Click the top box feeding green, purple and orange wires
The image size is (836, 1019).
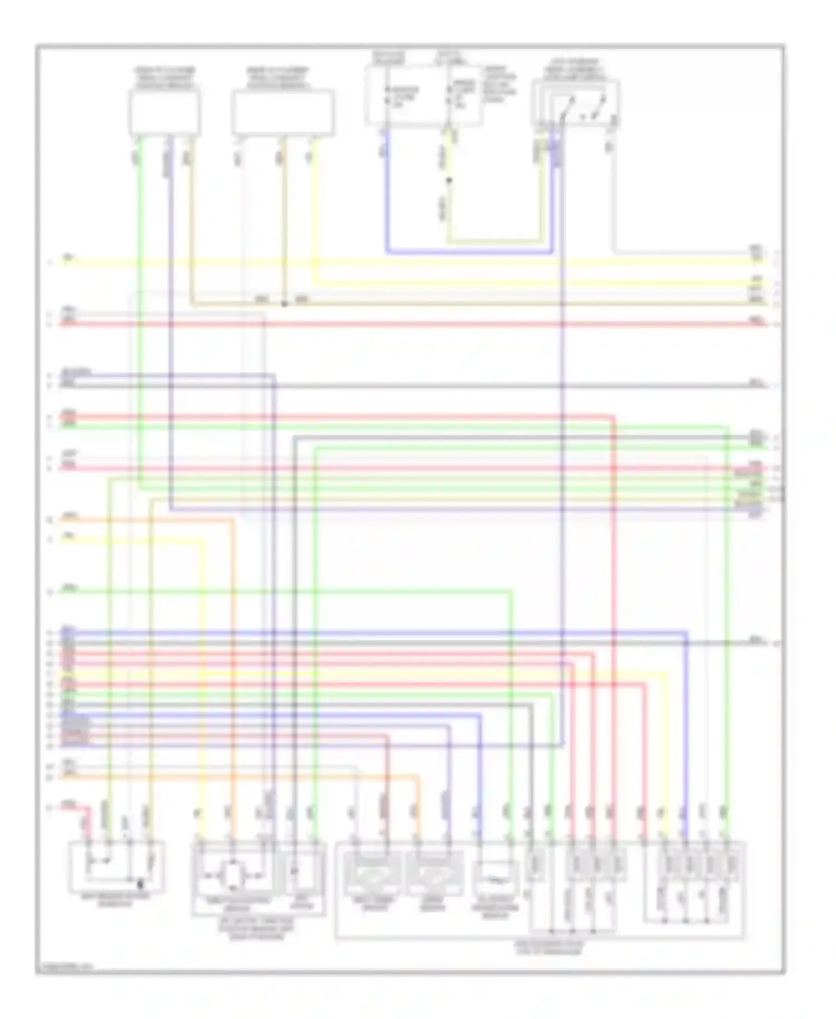pos(164,113)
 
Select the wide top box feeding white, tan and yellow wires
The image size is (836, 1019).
pos(283,113)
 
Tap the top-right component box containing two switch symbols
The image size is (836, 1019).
pos(576,103)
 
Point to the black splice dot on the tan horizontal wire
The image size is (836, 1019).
pos(284,304)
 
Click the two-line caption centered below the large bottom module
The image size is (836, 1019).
pos(548,948)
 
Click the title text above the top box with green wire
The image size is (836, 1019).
pos(164,79)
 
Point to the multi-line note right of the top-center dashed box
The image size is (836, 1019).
pos(499,84)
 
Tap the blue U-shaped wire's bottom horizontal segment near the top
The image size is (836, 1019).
pos(468,253)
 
